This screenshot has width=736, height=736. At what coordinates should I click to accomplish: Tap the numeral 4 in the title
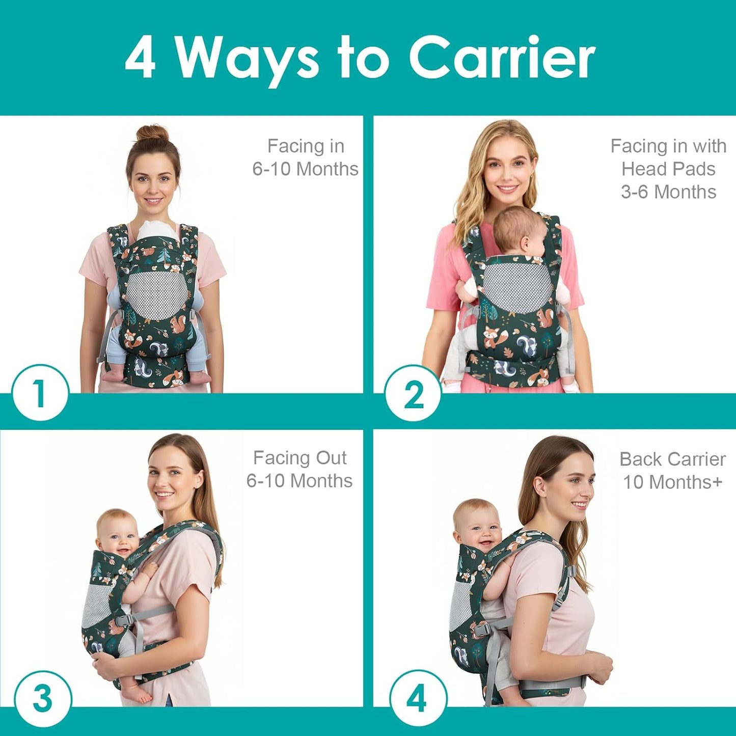(x=140, y=58)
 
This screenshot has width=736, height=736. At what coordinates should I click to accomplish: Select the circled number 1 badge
(x=40, y=393)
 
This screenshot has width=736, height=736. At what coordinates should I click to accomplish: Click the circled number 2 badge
(x=413, y=394)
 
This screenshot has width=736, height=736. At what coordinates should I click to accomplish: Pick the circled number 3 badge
(x=42, y=698)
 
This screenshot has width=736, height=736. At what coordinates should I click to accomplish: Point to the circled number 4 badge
(x=417, y=698)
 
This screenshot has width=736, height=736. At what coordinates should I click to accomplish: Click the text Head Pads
(x=668, y=169)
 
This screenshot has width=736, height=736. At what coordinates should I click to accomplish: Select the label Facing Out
(x=299, y=458)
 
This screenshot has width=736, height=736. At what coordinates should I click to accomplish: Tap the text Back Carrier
(x=672, y=459)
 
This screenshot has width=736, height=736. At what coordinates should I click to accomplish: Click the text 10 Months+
(x=672, y=482)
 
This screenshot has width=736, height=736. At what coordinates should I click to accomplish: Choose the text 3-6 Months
(x=668, y=192)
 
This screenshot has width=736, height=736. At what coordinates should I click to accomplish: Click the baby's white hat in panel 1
(x=158, y=231)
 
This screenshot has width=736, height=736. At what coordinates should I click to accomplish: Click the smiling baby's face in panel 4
(x=478, y=527)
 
